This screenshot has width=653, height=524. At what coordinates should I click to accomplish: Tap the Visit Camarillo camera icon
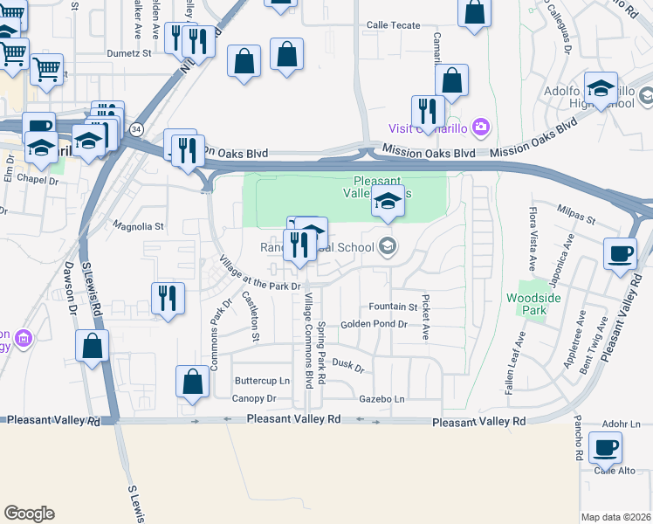point(480,128)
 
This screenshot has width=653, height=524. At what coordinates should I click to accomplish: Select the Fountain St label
point(393,307)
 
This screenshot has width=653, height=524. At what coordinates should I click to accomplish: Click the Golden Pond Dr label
point(374,324)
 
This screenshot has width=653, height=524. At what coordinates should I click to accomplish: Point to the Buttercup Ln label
point(262,381)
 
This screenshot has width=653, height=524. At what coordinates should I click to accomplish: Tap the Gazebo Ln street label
point(382,398)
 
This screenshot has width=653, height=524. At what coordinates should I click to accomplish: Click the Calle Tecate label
point(394,25)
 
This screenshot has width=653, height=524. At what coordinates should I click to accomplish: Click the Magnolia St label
point(139,226)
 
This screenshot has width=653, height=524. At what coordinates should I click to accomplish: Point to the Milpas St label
point(577,220)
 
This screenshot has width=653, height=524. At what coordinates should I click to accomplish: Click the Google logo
point(29,514)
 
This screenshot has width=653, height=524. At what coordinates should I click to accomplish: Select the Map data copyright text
point(615,517)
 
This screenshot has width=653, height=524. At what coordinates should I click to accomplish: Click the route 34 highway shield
point(135,129)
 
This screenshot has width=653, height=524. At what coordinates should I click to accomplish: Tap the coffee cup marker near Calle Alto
point(605,448)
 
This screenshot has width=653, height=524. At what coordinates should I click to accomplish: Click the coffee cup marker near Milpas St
point(620,253)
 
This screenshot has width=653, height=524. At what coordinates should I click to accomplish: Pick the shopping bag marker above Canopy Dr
point(192,382)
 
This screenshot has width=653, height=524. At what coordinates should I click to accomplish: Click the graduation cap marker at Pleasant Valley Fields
point(388,202)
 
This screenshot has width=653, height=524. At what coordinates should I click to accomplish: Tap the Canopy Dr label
point(255,398)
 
